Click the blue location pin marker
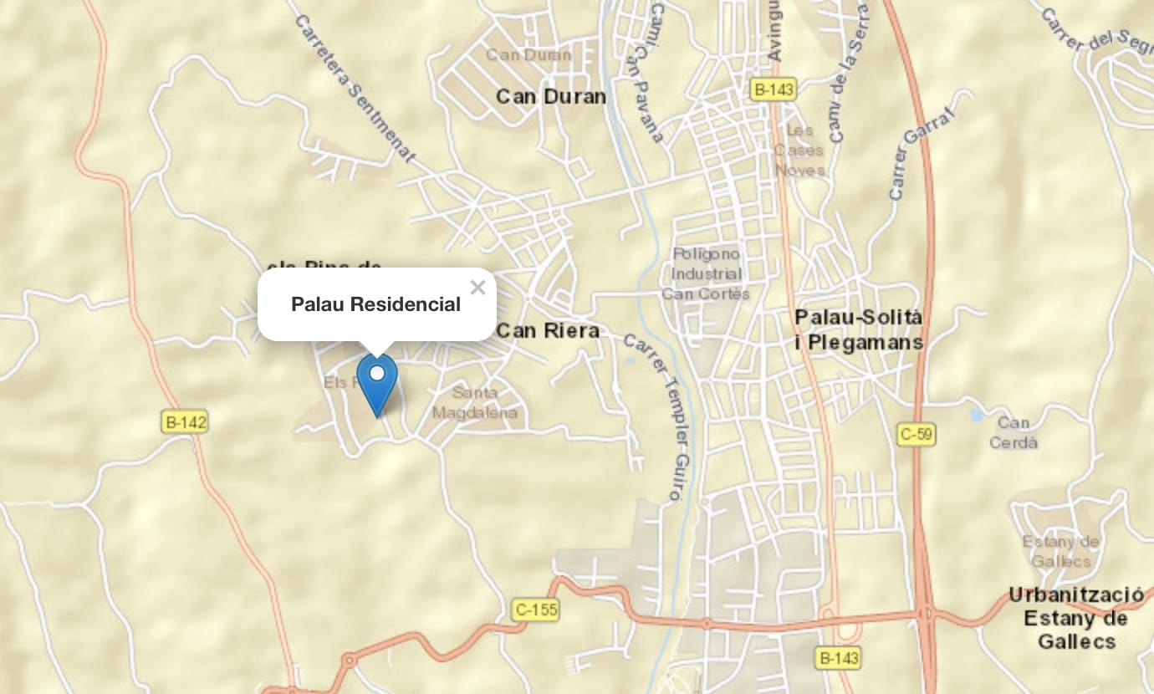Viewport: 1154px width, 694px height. pos(377,383)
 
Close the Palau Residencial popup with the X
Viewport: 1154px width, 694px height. pos(477,288)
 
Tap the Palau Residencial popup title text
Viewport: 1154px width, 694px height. pos(375,304)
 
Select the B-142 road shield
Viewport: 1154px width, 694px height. pos(184,422)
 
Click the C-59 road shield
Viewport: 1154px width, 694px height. pos(917,435)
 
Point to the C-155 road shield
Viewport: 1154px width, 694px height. pos(535,610)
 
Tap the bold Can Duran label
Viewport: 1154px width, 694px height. pos(551,97)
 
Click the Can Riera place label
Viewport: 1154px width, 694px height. pos(548,330)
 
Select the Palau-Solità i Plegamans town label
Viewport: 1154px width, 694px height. pos(859,330)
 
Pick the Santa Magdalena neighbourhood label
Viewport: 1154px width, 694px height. pos(475,402)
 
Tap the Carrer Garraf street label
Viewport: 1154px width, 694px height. pos(921,145)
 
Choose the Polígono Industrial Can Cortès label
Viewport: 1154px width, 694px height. pos(706,273)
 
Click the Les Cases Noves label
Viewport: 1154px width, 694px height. pos(799,151)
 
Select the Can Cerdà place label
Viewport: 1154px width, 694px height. pos(1014,432)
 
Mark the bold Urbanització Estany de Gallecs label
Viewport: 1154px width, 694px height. pos(1076,618)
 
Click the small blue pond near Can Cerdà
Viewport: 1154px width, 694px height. pos(977,415)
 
